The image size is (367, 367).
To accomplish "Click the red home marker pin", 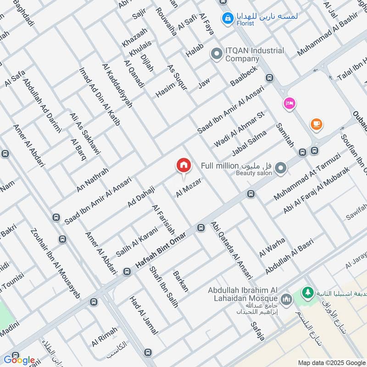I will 183,166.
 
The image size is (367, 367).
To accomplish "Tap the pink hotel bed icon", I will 289,103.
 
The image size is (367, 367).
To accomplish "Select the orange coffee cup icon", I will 316,124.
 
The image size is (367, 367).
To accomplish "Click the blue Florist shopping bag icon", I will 227,18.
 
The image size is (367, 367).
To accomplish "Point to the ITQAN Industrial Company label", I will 254,55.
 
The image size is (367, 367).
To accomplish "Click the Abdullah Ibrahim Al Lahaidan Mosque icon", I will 287,300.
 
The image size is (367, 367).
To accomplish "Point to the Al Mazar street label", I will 189,188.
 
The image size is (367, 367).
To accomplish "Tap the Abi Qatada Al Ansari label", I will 232,250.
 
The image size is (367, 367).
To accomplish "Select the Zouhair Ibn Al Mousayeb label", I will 55,263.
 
